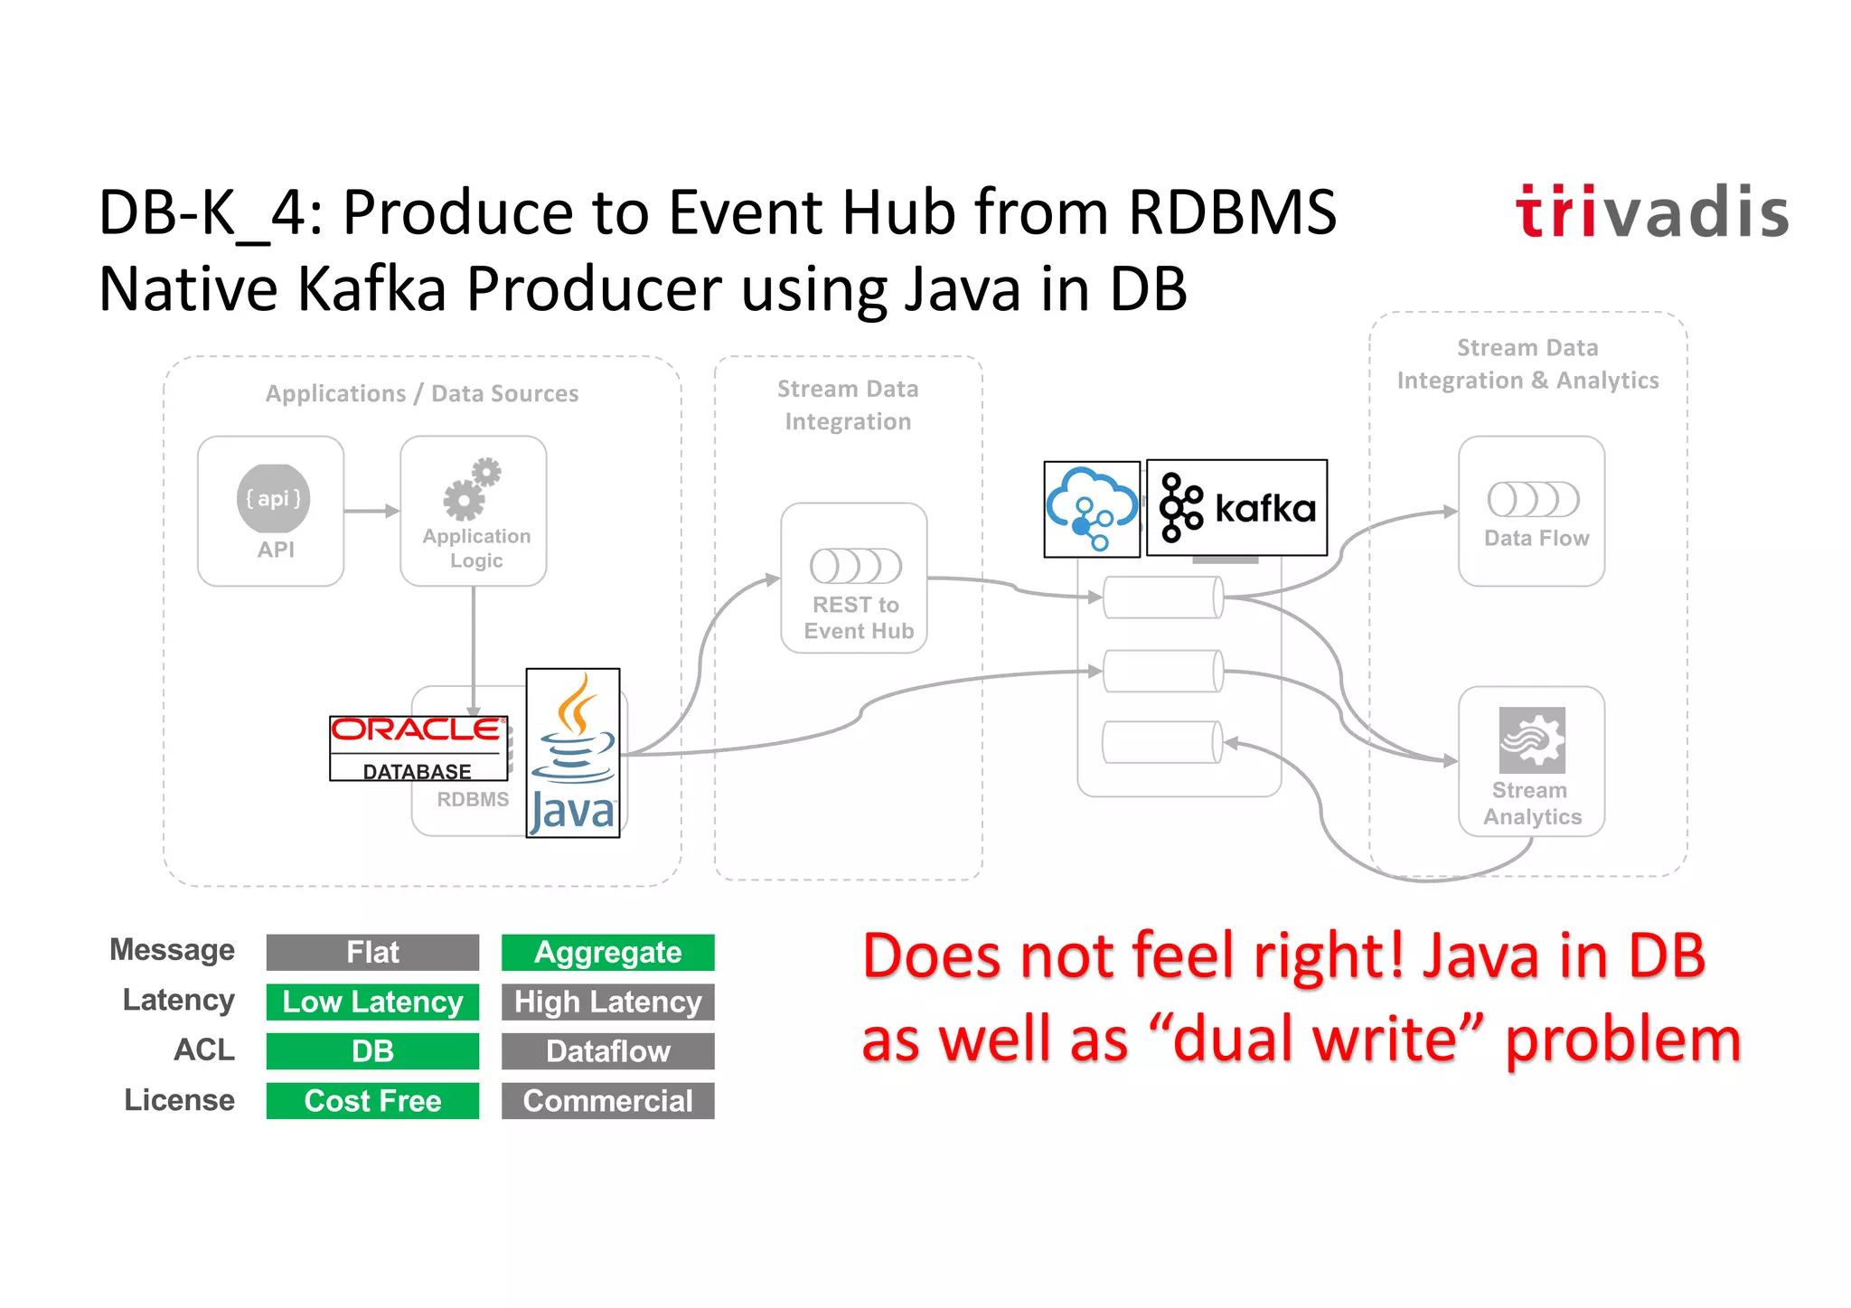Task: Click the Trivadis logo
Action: tap(1651, 212)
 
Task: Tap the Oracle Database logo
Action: tap(418, 748)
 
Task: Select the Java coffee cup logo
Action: tap(573, 753)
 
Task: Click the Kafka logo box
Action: tap(1236, 507)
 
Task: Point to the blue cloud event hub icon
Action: tap(1092, 509)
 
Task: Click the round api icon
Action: tap(273, 498)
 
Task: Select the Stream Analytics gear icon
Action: tap(1532, 739)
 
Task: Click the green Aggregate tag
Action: tap(607, 952)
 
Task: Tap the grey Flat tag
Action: tap(372, 952)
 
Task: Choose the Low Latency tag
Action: tap(372, 1002)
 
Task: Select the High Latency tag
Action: tap(607, 1002)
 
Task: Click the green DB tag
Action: tap(372, 1051)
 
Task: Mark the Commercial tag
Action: tap(607, 1101)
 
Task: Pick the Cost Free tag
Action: tap(372, 1101)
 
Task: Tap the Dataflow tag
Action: tap(607, 1051)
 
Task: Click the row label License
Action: tap(179, 1100)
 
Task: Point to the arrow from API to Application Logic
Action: tap(371, 511)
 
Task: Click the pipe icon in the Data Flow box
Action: tap(1533, 499)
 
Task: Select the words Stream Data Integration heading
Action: tap(848, 405)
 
